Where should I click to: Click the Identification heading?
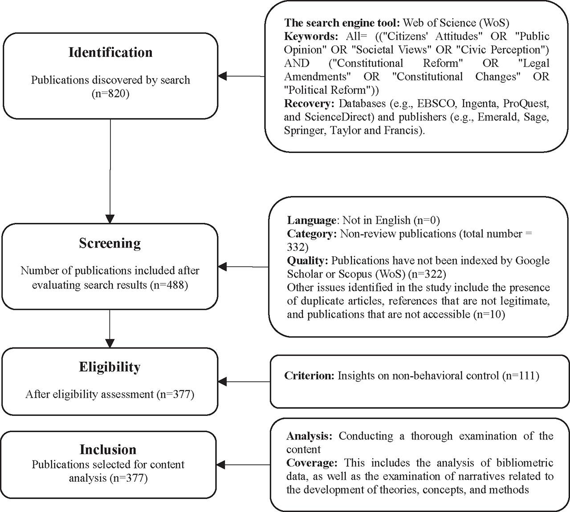coord(110,52)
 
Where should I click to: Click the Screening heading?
coord(110,243)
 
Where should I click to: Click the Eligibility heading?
coord(110,367)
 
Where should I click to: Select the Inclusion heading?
coord(108,449)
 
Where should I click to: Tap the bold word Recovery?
coord(309,104)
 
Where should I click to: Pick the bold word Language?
coord(311,220)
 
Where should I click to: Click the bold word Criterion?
coord(309,376)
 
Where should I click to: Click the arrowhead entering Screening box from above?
coord(110,218)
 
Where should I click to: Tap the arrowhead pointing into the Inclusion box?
coord(221,465)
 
